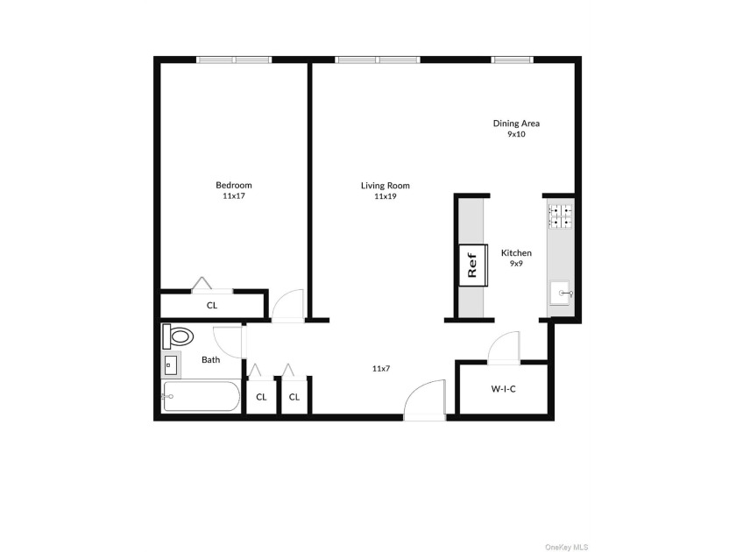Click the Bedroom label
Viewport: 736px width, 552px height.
(234, 185)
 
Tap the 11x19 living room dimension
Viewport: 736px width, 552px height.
(386, 196)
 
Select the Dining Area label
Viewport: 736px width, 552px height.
(516, 123)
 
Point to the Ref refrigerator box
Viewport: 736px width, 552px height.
(473, 265)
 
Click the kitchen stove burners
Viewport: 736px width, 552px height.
(561, 216)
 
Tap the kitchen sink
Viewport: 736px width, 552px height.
(561, 294)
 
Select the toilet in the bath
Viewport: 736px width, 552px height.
(178, 336)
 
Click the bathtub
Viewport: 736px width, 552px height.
(201, 397)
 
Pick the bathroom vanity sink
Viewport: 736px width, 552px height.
(170, 364)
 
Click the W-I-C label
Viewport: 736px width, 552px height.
(503, 389)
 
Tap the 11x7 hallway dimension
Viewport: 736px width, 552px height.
(381, 369)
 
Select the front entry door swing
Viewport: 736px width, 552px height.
(425, 398)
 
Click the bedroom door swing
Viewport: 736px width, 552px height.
(288, 305)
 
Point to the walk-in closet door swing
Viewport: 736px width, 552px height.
(504, 347)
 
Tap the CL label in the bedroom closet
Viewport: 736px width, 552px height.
(212, 305)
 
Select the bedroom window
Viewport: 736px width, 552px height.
(234, 60)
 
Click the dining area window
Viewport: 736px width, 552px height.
(512, 60)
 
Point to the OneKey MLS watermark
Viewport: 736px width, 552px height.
(567, 547)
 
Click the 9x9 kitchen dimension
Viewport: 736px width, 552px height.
(516, 264)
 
